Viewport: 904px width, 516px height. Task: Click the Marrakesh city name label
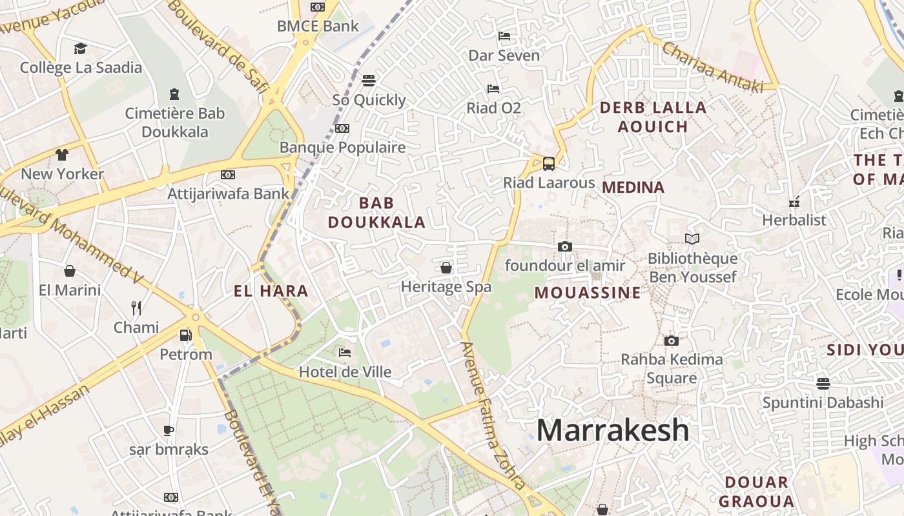[613, 430]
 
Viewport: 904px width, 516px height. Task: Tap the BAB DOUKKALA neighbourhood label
[376, 213]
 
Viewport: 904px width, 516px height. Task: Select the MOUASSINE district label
[588, 293]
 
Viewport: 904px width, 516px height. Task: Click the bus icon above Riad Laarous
[549, 163]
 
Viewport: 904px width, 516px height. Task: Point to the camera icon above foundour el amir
[564, 246]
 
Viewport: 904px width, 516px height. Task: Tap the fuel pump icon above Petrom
[185, 335]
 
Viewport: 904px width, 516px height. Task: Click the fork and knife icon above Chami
[136, 308]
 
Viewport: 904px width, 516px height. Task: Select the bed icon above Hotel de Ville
[345, 353]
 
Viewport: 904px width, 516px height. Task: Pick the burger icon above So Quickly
[369, 81]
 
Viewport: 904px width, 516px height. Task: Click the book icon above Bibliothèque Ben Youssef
[692, 239]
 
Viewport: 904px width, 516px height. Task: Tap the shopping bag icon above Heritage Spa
[446, 268]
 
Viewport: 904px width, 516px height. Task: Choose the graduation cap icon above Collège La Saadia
[80, 48]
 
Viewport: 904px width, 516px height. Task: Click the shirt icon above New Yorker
[62, 155]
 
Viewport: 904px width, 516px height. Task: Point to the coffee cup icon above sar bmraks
[169, 430]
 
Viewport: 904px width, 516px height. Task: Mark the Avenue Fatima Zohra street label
[492, 415]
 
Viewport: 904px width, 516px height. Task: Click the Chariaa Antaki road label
[712, 66]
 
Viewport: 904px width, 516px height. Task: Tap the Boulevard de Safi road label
[218, 45]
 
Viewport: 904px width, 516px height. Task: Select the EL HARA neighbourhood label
[271, 292]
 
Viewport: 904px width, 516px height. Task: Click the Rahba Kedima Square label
[672, 368]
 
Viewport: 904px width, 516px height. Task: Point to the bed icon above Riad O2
[493, 88]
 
